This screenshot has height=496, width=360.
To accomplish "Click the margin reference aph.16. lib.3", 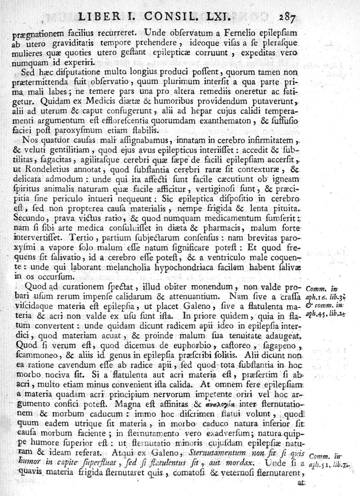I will (x=323, y=297).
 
